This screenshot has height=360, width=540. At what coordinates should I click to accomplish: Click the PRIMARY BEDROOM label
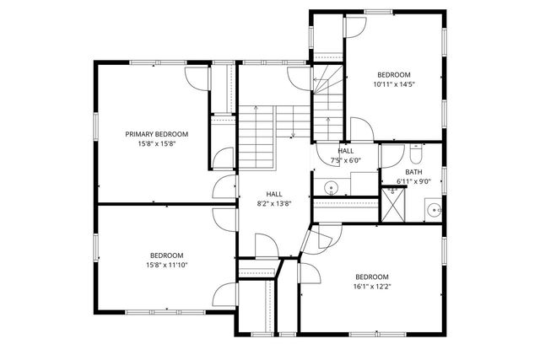point(156,134)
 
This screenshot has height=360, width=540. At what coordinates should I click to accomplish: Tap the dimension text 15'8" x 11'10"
point(166,265)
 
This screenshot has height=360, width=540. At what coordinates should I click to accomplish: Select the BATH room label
point(413,172)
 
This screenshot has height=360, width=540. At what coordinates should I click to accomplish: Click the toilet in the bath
point(415,155)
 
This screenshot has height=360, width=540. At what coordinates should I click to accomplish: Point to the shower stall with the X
point(392,204)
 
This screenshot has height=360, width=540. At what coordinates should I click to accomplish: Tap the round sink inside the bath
point(433,209)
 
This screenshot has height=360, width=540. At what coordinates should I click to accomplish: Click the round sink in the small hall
point(332,187)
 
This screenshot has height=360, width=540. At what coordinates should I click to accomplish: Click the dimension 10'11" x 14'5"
point(394,83)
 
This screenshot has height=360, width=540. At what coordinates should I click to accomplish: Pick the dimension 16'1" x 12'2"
point(371,287)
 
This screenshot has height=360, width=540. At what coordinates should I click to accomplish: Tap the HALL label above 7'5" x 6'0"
point(346,150)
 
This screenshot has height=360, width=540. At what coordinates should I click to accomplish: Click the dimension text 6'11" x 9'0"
point(413,181)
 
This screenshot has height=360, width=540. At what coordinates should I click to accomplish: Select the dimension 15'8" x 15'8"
point(156,143)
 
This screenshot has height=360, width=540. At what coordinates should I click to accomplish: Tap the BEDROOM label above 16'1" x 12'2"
point(371,277)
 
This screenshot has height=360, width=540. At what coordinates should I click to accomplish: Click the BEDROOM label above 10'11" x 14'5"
point(394,74)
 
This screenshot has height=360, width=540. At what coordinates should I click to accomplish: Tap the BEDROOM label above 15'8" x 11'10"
point(166,255)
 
